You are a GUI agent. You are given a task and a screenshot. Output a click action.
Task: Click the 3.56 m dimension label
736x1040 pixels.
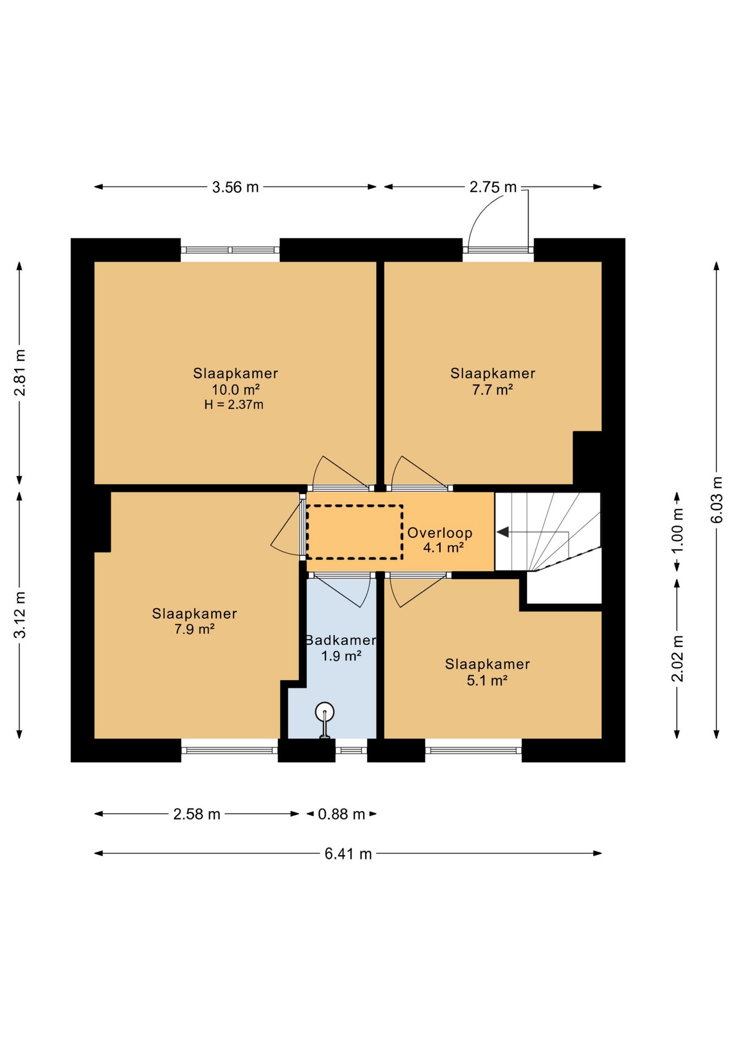(235, 187)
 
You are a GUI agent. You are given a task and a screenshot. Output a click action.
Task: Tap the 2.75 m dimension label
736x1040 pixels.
(493, 187)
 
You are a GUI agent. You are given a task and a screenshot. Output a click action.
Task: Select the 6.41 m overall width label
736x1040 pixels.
(348, 854)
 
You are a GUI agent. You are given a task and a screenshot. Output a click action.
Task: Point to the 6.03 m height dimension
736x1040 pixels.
(716, 499)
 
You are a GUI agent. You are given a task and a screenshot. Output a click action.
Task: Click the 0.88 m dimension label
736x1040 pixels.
(341, 814)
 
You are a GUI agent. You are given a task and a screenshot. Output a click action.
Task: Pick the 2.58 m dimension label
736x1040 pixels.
(197, 814)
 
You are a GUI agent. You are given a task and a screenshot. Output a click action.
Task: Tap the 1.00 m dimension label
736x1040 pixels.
(677, 531)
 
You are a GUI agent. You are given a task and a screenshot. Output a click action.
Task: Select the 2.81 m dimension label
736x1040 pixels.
(20, 373)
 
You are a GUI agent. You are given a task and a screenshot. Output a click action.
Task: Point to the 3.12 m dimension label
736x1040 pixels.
(20, 615)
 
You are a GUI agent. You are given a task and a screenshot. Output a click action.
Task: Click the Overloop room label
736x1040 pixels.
(440, 533)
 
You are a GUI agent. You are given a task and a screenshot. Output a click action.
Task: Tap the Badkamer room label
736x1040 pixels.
(341, 640)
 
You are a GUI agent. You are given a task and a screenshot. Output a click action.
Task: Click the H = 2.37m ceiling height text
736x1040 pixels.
(234, 405)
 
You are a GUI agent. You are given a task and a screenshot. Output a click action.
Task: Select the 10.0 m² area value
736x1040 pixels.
(235, 389)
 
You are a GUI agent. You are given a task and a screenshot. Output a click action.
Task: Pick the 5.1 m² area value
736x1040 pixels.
(487, 680)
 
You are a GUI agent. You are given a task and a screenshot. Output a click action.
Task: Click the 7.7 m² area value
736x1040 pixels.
(492, 389)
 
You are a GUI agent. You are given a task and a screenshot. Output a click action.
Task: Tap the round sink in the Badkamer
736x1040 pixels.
(325, 711)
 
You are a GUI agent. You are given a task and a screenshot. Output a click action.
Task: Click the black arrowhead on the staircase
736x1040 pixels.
(502, 532)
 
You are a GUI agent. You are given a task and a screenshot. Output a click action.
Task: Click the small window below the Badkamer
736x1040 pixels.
(351, 751)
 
